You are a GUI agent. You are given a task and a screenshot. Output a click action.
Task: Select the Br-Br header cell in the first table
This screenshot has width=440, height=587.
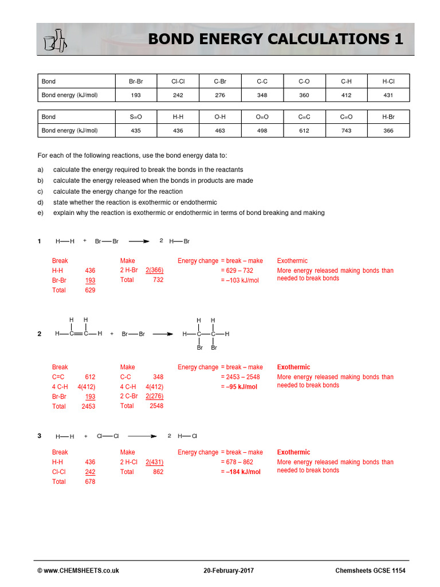pos(135,81)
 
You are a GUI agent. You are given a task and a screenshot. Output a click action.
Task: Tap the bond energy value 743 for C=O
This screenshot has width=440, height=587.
pos(346,131)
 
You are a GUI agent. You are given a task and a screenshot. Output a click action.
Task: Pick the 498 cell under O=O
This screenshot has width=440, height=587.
pos(262,131)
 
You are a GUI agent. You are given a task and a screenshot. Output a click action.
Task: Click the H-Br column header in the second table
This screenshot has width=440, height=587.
pos(388,117)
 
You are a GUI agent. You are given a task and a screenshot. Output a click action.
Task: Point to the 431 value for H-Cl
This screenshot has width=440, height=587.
pos(388,95)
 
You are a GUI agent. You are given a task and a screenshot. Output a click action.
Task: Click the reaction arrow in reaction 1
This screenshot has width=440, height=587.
pos(139,241)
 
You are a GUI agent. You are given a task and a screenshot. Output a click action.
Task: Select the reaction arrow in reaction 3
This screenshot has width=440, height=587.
pos(142,436)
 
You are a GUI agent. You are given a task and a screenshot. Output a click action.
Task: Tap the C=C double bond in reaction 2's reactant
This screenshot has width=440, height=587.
pos(78,334)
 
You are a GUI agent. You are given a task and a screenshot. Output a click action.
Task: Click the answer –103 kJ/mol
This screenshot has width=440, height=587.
pos(239,280)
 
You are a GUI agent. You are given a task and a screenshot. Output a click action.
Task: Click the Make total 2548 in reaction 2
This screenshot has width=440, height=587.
pos(156,406)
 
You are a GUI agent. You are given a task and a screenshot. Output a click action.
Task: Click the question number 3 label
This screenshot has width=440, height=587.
pos(40,436)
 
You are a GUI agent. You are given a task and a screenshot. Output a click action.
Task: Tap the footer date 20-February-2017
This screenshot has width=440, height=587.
pos(229,570)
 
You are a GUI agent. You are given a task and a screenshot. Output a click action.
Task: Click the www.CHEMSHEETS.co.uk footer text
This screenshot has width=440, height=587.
pos(81,570)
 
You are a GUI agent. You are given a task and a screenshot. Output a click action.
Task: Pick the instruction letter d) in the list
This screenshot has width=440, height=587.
pos(40,202)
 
